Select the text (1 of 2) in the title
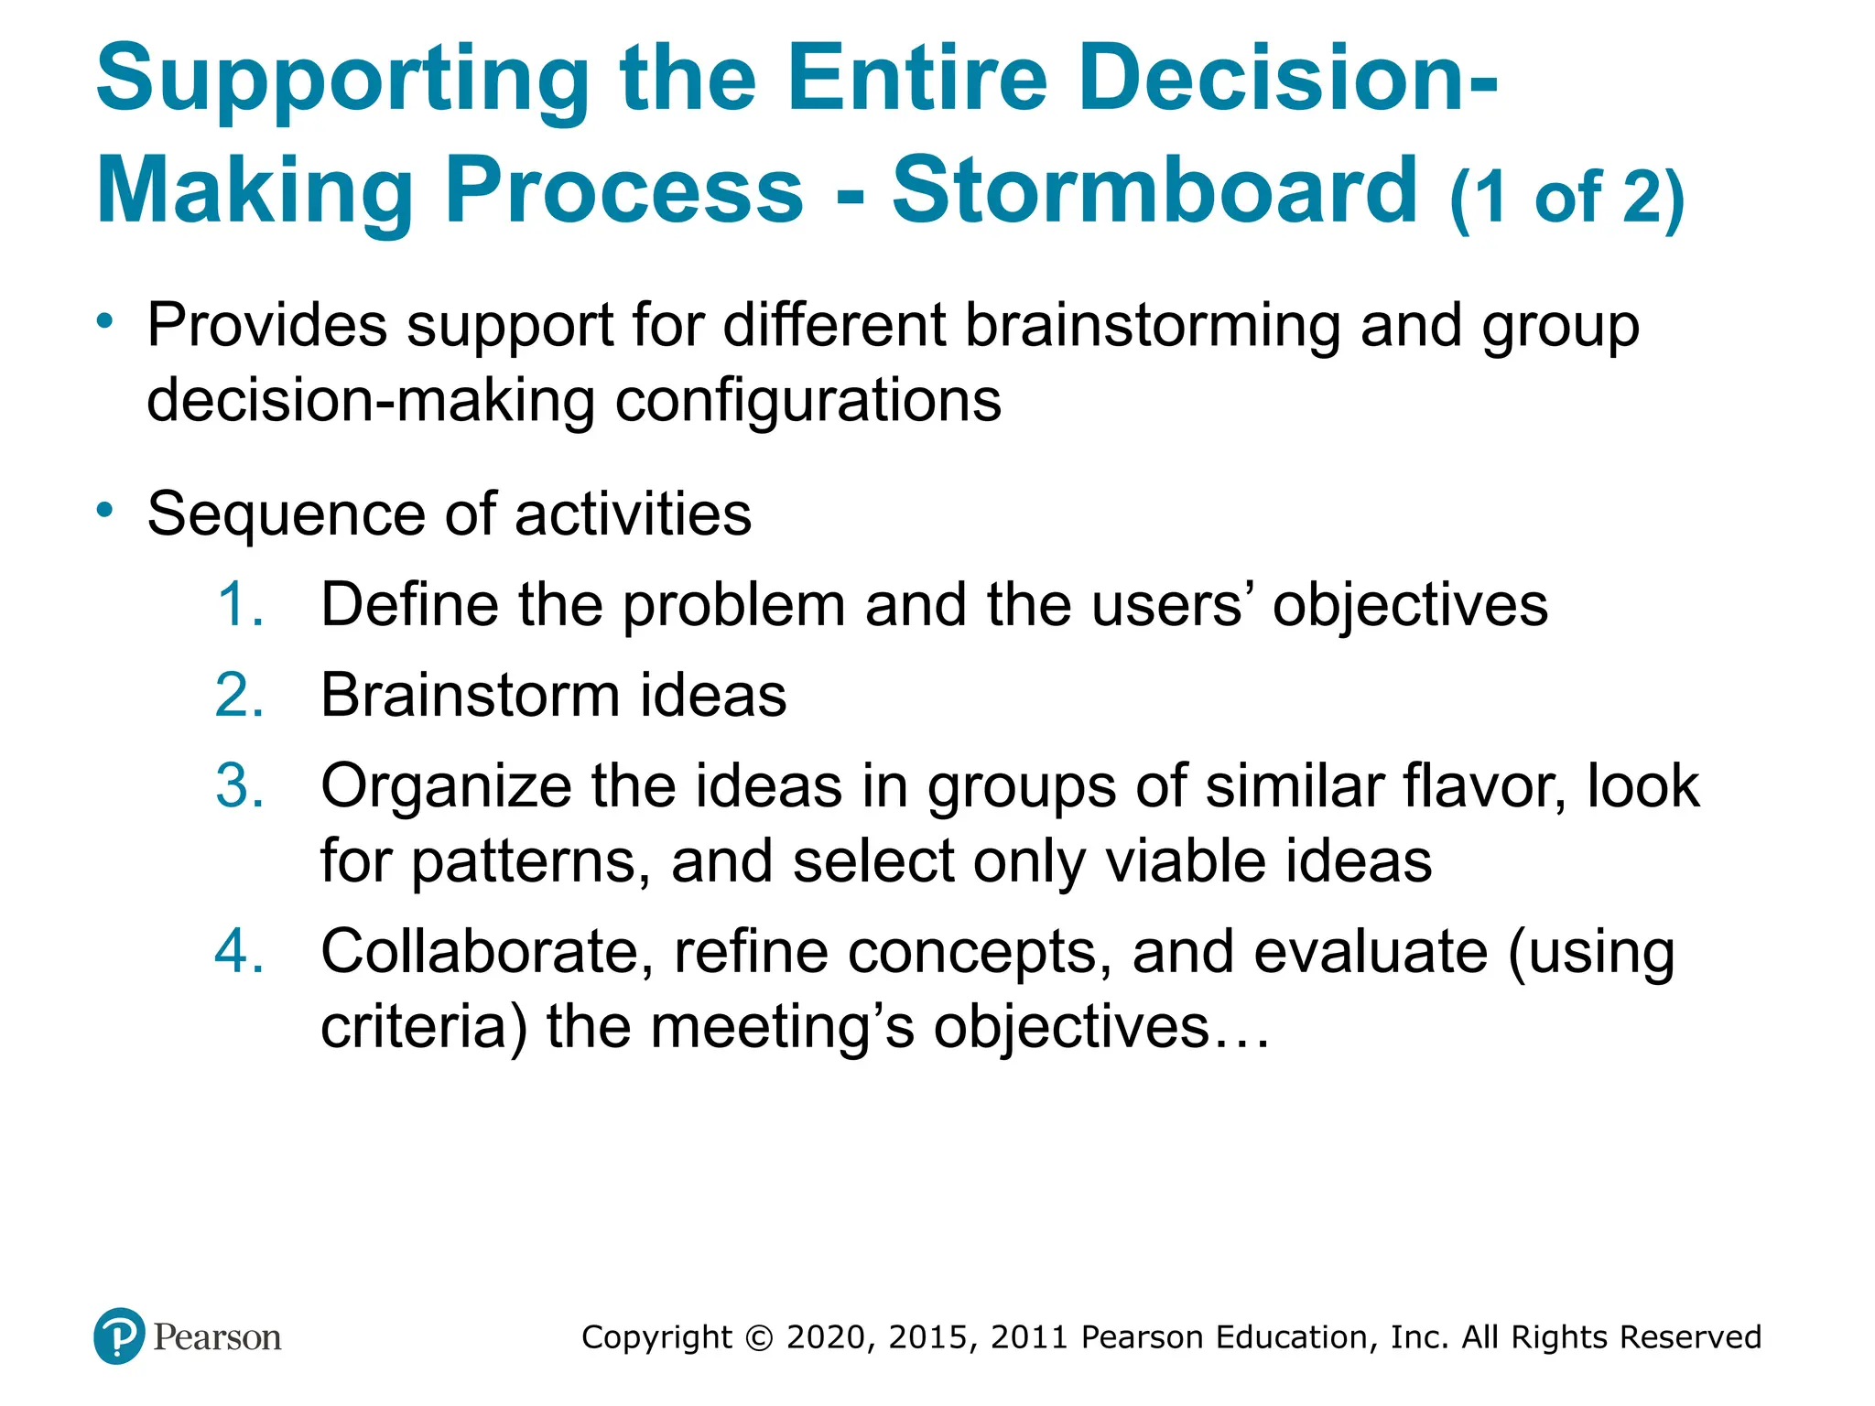pyautogui.click(x=1566, y=198)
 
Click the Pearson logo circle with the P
pyautogui.click(x=119, y=1336)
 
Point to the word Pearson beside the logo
pyautogui.click(x=217, y=1337)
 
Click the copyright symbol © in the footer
pyautogui.click(x=759, y=1338)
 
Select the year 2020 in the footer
pyautogui.click(x=825, y=1337)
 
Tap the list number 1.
pyautogui.click(x=241, y=605)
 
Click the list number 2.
pyautogui.click(x=240, y=696)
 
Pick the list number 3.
pyautogui.click(x=240, y=786)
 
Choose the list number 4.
pyautogui.click(x=240, y=951)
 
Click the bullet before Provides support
pyautogui.click(x=106, y=320)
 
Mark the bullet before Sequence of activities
pyautogui.click(x=106, y=509)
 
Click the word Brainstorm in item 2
pyautogui.click(x=470, y=696)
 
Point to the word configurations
pyautogui.click(x=808, y=402)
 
